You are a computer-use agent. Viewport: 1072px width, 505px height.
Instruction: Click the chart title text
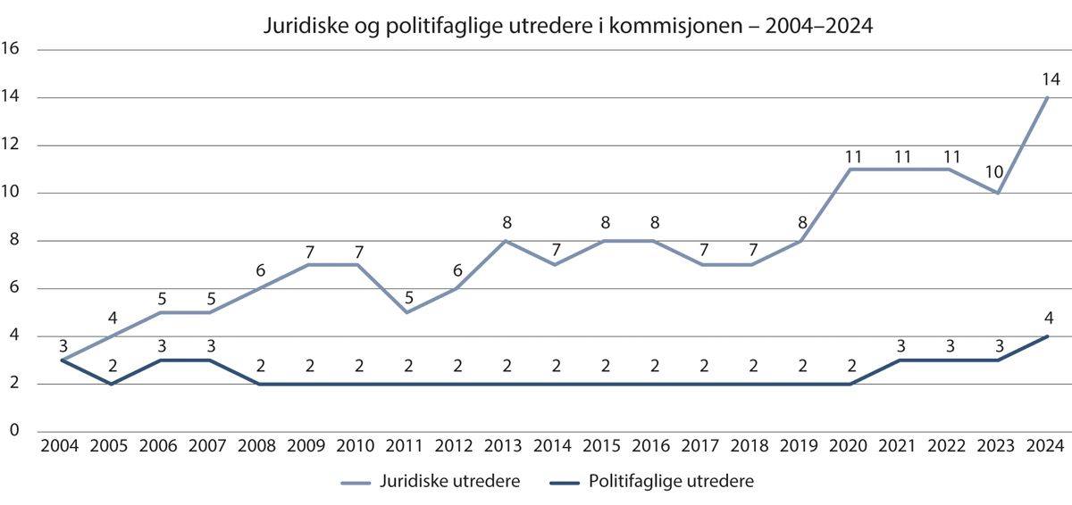pyautogui.click(x=566, y=27)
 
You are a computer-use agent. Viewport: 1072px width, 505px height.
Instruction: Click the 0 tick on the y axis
pyautogui.click(x=15, y=432)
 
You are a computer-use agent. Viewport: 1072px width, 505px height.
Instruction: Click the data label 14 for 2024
pyautogui.click(x=1051, y=79)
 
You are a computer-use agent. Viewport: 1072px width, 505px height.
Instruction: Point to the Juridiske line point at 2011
pyautogui.click(x=406, y=312)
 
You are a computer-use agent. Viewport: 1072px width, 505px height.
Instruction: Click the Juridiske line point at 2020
pyautogui.click(x=850, y=169)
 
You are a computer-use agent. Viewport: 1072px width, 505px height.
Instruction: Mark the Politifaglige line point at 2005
pyautogui.click(x=111, y=384)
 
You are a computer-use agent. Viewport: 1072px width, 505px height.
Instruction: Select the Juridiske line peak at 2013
pyautogui.click(x=505, y=240)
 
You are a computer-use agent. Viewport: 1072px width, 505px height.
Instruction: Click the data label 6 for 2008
pyautogui.click(x=258, y=270)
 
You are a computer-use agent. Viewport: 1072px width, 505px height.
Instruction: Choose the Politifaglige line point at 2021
pyautogui.click(x=899, y=360)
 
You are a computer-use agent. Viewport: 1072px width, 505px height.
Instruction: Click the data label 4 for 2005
pyautogui.click(x=111, y=318)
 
